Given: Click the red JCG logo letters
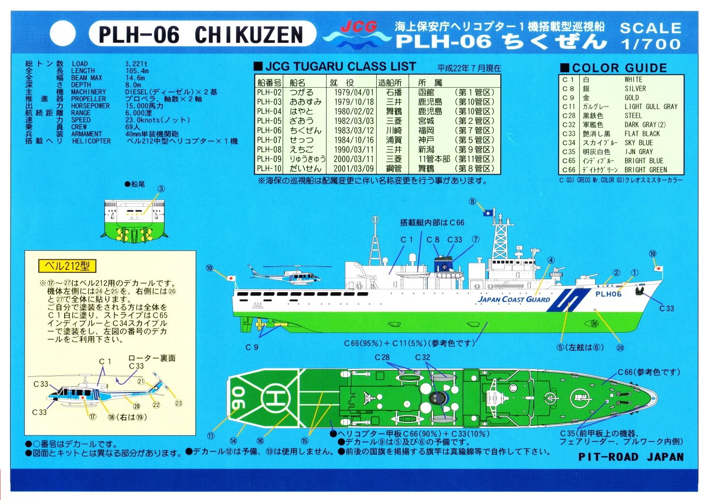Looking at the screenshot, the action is (358, 27).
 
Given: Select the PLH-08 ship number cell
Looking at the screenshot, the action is (269, 149).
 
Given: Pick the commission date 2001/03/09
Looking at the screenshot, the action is (354, 169).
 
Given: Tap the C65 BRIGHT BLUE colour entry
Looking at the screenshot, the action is (643, 161).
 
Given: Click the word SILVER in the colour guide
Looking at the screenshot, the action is (635, 89).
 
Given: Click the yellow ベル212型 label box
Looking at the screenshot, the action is (67, 266).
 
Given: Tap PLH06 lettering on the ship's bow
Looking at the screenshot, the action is (608, 294).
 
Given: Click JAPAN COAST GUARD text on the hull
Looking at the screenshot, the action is (514, 299).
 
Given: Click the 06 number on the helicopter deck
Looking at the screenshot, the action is (238, 398).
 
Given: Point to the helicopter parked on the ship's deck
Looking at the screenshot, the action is (289, 275).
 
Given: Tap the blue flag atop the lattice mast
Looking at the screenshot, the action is (488, 212).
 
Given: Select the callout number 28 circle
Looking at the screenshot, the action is (620, 348).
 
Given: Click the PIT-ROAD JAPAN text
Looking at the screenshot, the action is (631, 457).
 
